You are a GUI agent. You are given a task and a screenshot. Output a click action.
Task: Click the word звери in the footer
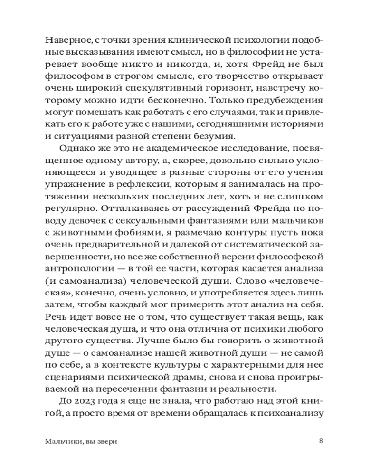point(106,441)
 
